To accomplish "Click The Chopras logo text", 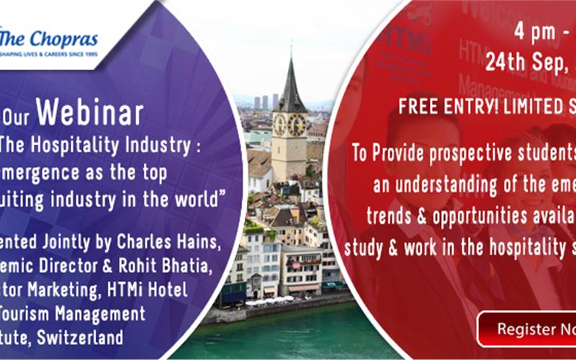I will point(50,37).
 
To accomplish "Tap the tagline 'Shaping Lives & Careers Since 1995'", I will point(49,53).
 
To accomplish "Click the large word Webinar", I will point(89,114).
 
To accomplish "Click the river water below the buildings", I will point(288,338).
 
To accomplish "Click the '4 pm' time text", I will point(534,32).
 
